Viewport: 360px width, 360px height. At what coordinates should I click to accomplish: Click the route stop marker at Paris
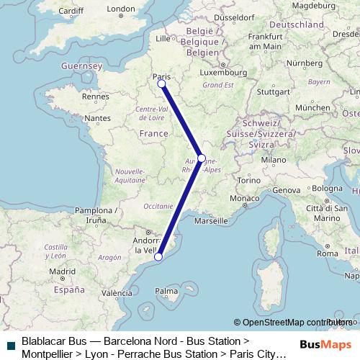pyautogui.click(x=162, y=84)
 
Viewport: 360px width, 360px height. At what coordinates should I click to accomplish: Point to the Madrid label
pyautogui.click(x=63, y=271)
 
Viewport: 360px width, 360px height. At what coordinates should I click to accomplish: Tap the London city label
pyautogui.click(x=120, y=9)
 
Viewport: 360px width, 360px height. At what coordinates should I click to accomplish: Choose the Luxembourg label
pyautogui.click(x=228, y=72)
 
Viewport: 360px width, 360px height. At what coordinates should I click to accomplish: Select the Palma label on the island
pyautogui.click(x=166, y=291)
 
